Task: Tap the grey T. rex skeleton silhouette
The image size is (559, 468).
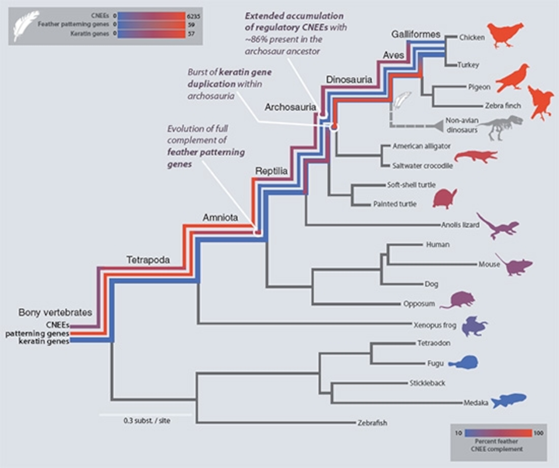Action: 500,127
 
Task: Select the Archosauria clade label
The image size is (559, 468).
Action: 290,107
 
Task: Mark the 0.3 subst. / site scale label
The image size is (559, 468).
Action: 147,421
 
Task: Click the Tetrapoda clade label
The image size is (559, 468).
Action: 148,260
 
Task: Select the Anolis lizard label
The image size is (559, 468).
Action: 460,225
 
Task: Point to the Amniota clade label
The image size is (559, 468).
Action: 220,218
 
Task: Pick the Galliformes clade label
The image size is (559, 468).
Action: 416,34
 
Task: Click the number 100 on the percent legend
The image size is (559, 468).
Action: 538,433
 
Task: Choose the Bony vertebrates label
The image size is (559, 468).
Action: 55,312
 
